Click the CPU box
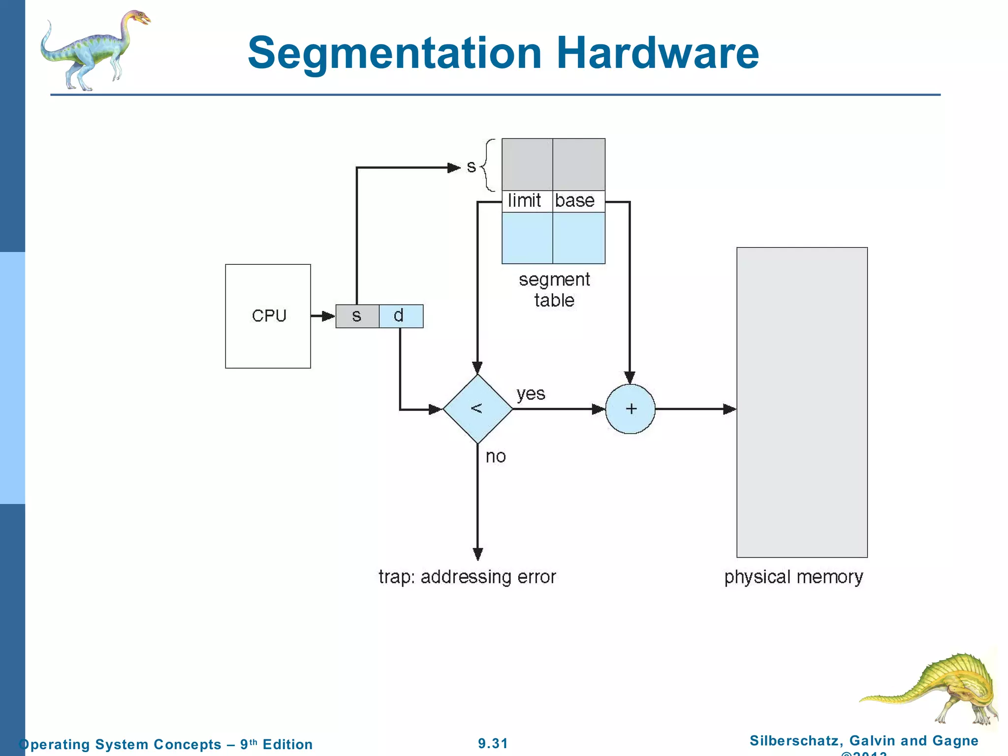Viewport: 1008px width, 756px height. click(x=268, y=316)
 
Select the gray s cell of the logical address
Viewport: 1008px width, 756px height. click(x=357, y=316)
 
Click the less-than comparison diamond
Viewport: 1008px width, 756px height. click(x=477, y=409)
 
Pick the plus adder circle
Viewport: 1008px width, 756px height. click(x=630, y=409)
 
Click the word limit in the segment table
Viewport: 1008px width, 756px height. click(x=525, y=201)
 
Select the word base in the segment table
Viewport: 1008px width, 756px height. click(x=575, y=201)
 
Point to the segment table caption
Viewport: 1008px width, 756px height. click(x=554, y=289)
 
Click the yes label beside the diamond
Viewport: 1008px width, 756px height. click(x=531, y=394)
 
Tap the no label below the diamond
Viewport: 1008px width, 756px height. click(x=495, y=457)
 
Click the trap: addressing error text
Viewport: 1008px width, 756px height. click(x=467, y=576)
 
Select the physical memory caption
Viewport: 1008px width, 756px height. click(x=793, y=577)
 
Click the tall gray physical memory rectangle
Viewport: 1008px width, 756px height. click(x=802, y=402)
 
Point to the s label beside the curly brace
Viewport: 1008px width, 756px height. click(x=471, y=167)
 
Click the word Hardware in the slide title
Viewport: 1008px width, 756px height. click(x=658, y=53)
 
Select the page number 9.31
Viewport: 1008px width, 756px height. click(x=493, y=743)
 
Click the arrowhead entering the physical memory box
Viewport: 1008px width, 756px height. click(x=729, y=409)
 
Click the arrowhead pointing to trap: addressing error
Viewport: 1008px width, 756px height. click(x=477, y=554)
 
